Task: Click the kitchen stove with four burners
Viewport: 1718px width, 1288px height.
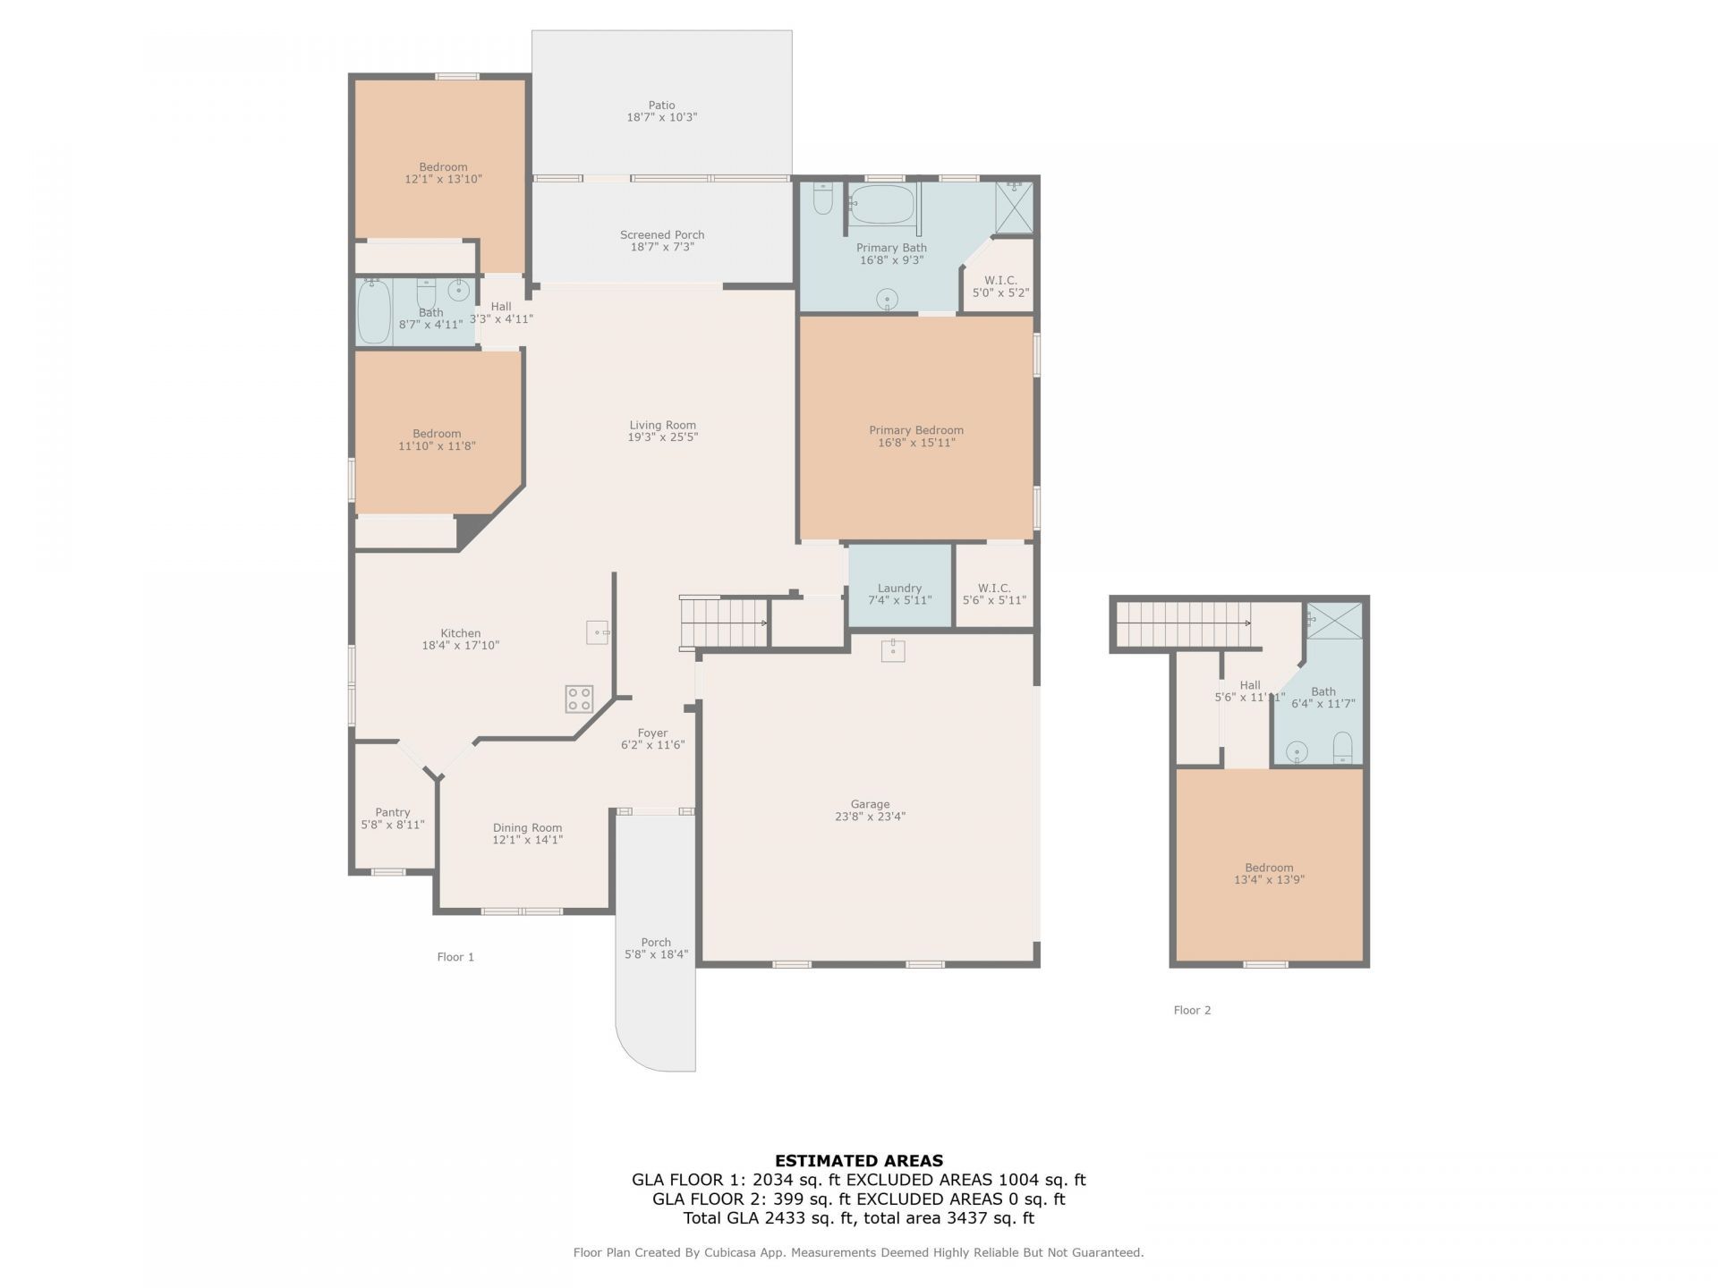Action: tap(579, 699)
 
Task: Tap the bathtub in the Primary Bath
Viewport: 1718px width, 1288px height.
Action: tap(881, 205)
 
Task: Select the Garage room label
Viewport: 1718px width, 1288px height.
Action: tap(870, 804)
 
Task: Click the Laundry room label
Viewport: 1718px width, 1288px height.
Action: tap(899, 589)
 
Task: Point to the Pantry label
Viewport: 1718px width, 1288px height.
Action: tap(393, 813)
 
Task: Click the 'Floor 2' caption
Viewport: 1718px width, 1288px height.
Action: tap(1192, 1010)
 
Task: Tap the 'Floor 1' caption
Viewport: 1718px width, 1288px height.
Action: tap(455, 957)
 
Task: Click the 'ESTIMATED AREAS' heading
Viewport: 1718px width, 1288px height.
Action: tap(859, 1161)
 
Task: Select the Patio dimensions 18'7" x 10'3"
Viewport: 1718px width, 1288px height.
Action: tap(662, 117)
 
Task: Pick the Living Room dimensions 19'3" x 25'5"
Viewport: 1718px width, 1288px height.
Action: tap(662, 437)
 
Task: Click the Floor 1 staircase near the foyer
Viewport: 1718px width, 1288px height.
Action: tap(724, 622)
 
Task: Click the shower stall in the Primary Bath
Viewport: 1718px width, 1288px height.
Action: tap(1015, 208)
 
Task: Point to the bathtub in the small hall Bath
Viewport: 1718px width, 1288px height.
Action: tap(374, 311)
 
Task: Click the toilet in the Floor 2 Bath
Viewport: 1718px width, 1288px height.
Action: tap(1342, 748)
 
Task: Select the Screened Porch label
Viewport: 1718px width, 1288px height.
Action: tap(662, 235)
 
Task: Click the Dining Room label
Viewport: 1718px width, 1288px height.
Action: tap(528, 828)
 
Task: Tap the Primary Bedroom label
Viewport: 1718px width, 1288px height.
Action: tap(916, 430)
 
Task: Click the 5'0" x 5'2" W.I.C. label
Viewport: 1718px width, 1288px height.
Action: tap(1000, 286)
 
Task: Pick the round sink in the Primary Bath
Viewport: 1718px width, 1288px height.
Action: tap(887, 299)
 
